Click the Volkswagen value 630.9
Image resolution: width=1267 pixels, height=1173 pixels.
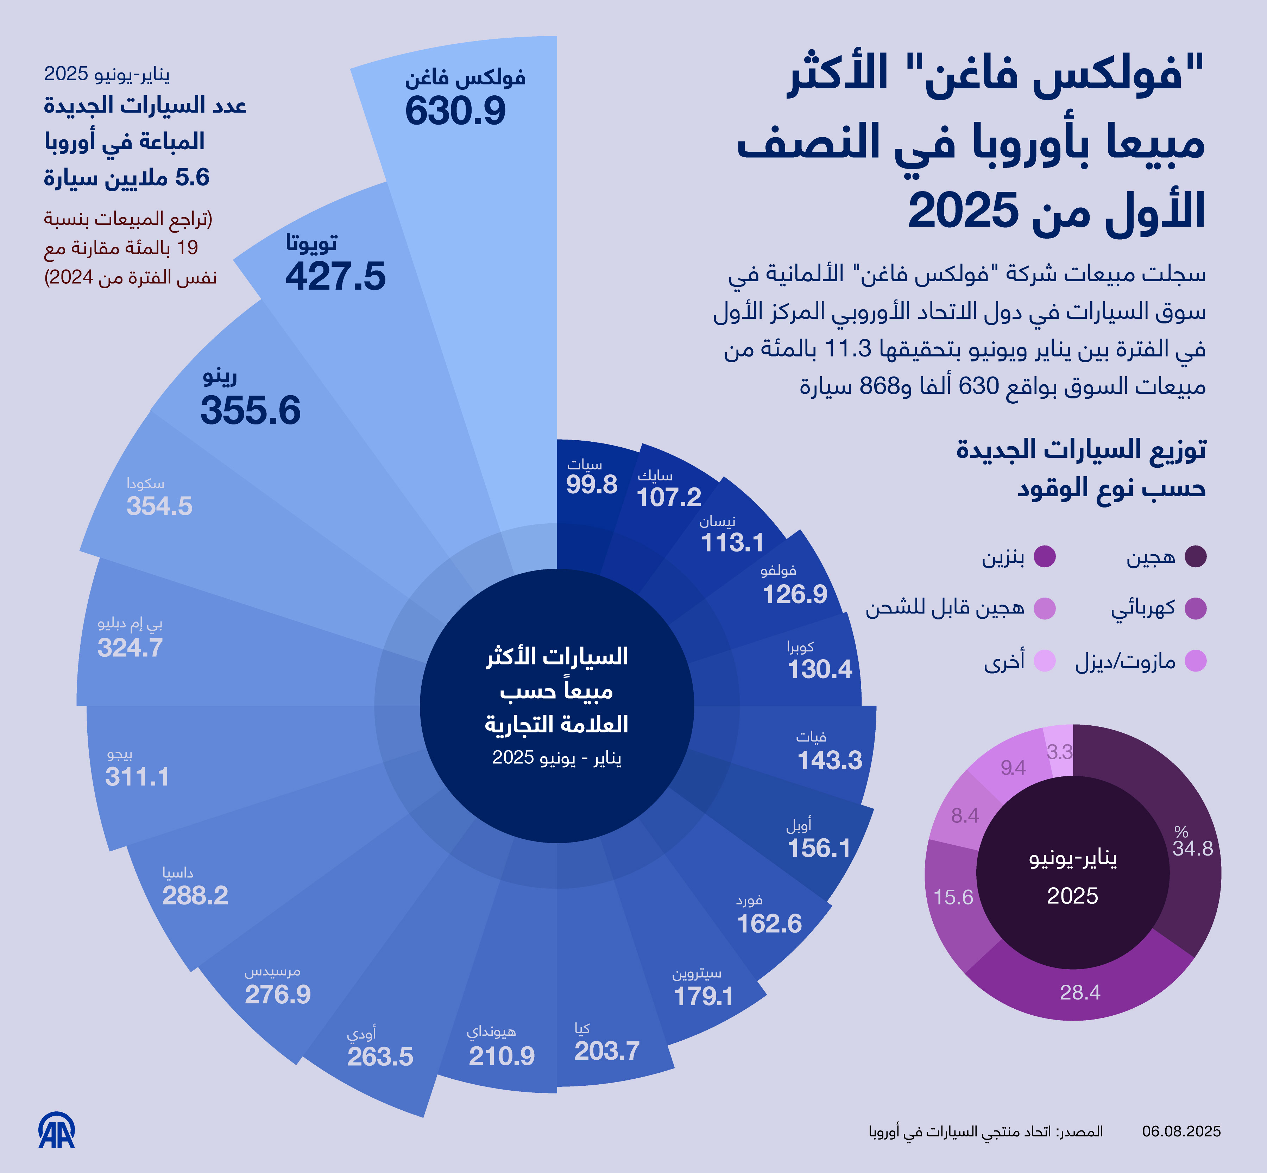pos(455,111)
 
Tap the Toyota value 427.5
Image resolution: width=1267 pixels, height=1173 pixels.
pos(335,277)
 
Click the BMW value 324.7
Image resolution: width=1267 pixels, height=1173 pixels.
pos(130,648)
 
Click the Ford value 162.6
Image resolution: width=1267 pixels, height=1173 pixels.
pos(769,923)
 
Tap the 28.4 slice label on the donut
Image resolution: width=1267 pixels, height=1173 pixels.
pos(1080,992)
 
